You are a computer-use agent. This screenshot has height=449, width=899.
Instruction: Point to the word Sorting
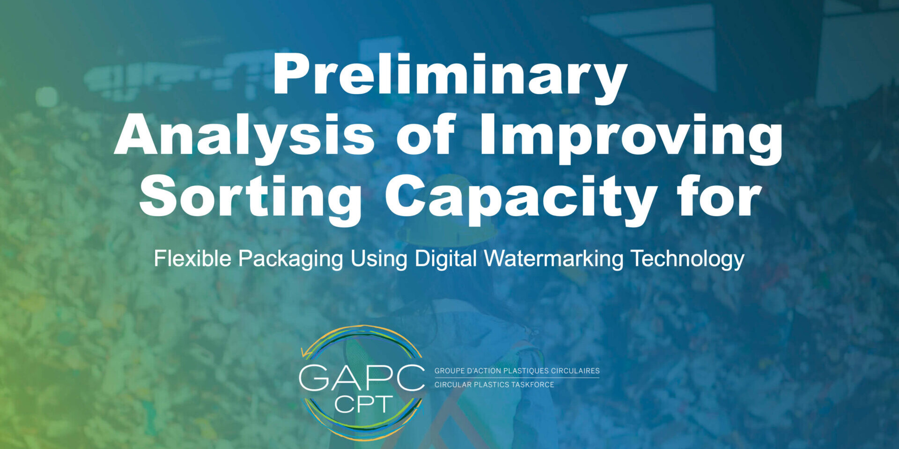250,199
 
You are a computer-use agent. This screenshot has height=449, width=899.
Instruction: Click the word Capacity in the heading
520,199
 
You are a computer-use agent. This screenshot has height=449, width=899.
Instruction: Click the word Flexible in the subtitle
192,258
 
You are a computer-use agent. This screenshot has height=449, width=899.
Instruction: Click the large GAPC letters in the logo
361,378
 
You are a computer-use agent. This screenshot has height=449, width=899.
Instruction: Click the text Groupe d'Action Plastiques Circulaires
517,371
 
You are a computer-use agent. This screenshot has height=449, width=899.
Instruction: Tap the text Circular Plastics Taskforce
494,384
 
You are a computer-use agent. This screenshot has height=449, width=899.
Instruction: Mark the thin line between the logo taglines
517,378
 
